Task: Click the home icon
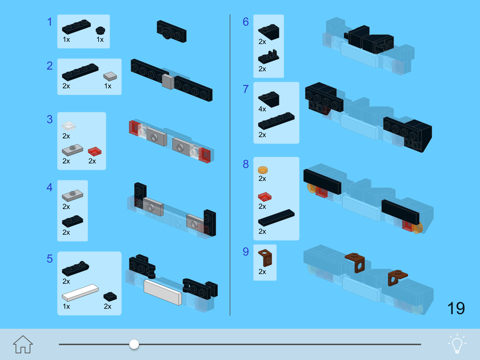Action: [x=23, y=344]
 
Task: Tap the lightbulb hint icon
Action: [x=457, y=344]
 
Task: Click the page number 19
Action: [x=456, y=308]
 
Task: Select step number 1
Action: [x=50, y=22]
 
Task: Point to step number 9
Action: [x=246, y=251]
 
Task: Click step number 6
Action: [x=246, y=22]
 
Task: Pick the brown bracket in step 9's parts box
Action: [x=265, y=258]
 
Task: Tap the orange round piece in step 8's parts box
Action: [x=263, y=170]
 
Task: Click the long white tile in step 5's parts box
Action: [x=80, y=292]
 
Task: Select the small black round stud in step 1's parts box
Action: [x=100, y=31]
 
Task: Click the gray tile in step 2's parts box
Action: [x=110, y=76]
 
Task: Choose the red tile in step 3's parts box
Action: [x=95, y=151]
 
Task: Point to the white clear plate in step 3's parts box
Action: [x=69, y=126]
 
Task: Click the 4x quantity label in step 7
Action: [x=262, y=109]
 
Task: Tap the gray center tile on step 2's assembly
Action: [x=168, y=81]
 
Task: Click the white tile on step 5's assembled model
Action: [x=163, y=292]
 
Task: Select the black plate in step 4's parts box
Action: [x=73, y=221]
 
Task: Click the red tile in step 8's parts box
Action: [x=265, y=197]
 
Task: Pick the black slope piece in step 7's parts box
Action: [x=269, y=99]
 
